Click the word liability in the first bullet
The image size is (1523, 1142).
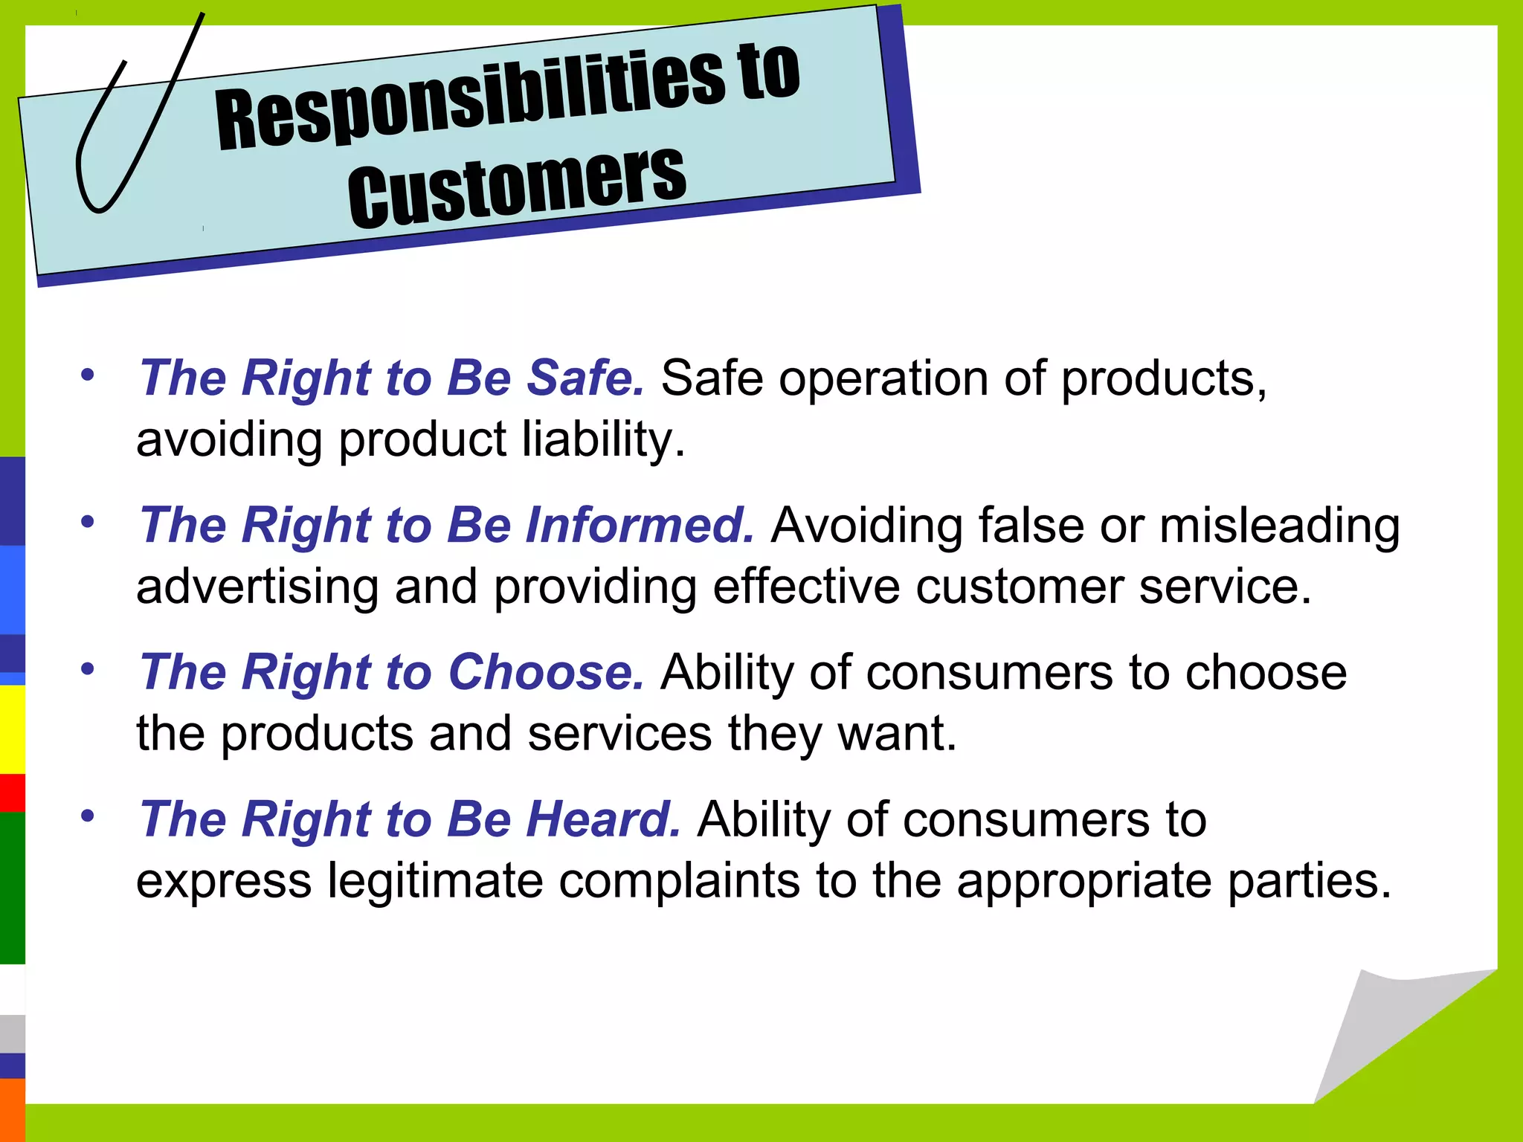602,439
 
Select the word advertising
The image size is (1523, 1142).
257,587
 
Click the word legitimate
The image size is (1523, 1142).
435,881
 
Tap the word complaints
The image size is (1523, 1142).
678,883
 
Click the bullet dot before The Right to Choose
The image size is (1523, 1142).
88,668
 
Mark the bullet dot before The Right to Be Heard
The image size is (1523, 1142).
88,816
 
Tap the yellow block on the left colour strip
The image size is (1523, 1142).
12,729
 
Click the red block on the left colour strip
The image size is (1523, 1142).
12,793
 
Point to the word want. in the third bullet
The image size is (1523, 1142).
897,734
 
